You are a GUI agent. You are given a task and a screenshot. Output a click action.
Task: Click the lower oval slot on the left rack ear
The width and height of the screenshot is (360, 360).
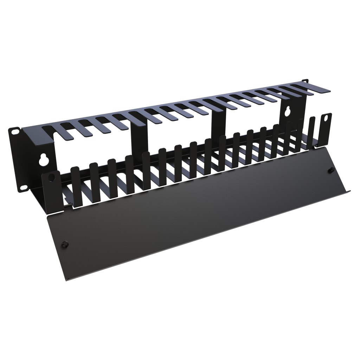click(24, 187)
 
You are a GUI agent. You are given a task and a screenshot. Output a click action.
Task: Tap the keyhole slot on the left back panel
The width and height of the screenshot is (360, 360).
click(43, 160)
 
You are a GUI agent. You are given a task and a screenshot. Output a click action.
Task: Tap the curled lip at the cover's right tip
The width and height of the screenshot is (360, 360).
click(348, 192)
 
